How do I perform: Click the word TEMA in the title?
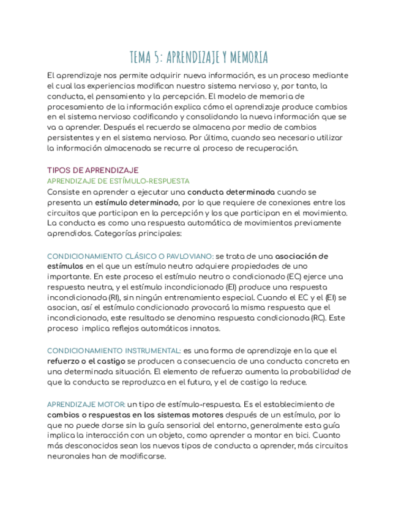[141, 58]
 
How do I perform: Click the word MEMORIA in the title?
[247, 58]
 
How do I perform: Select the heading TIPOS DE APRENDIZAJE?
[93, 170]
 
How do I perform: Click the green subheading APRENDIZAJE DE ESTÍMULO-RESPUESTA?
[118, 181]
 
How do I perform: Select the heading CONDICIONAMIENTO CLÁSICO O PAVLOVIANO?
[130, 256]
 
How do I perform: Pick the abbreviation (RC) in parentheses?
[318, 319]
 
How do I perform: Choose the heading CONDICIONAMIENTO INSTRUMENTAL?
[114, 351]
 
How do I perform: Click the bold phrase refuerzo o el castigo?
[86, 361]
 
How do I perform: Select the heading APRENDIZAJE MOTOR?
[86, 404]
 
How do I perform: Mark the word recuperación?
[270, 148]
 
